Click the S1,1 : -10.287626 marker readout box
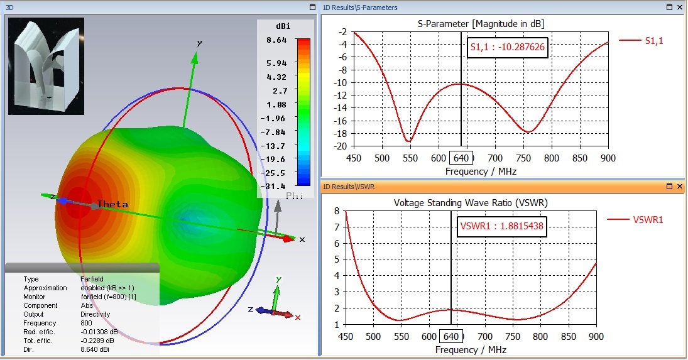tap(508, 46)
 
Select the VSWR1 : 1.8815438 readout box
tap(501, 226)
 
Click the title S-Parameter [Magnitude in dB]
tap(481, 24)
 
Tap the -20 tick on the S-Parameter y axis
tap(341, 146)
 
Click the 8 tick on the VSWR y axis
tap(337, 212)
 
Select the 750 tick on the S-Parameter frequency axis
tap(496, 159)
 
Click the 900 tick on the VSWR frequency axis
tap(596, 337)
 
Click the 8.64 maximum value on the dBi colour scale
tap(276, 40)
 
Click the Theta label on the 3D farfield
tap(112, 204)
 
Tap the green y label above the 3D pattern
tap(200, 43)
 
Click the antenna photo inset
tap(46, 66)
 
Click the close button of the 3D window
tap(312, 7)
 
